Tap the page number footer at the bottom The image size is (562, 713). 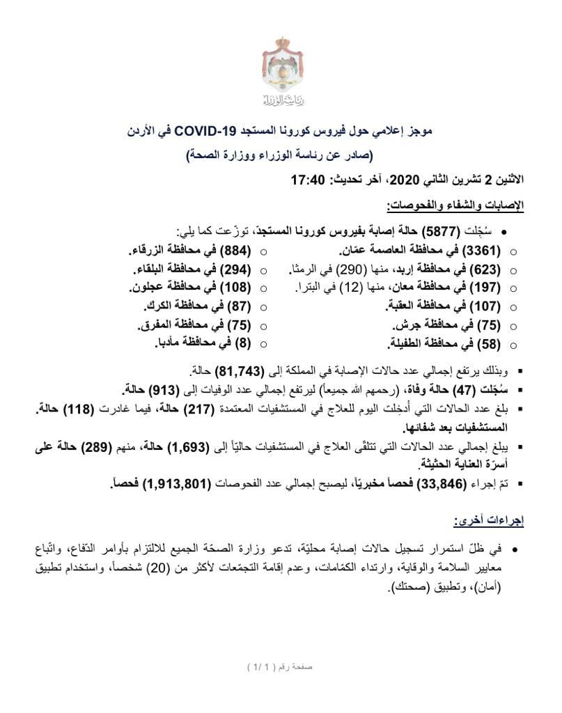pyautogui.click(x=281, y=666)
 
